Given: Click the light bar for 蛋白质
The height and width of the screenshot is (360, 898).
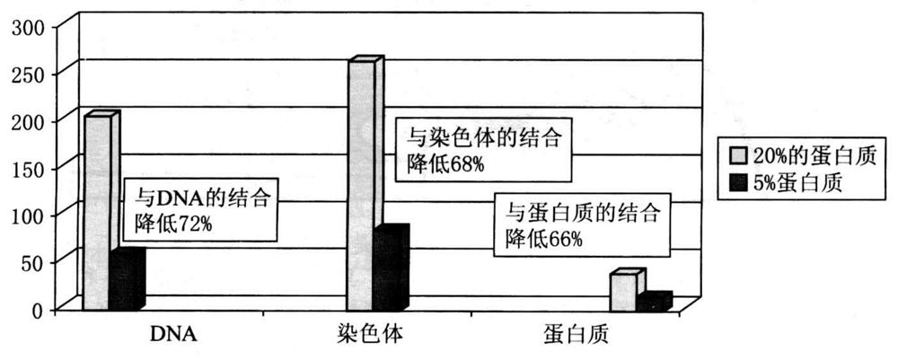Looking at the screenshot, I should click(x=623, y=293).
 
